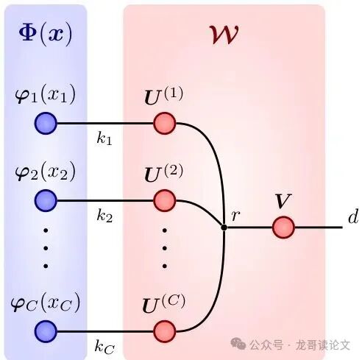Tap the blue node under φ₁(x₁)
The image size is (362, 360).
(46, 123)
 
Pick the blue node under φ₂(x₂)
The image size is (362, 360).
(46, 200)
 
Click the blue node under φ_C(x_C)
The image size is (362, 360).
(46, 330)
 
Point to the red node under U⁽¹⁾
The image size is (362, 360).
(165, 123)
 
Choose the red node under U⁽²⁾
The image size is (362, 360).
(165, 200)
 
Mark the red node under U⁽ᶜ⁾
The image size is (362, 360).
(165, 330)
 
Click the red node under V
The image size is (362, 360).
(283, 227)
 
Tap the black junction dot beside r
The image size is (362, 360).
(224, 227)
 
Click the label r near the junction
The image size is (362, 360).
(235, 216)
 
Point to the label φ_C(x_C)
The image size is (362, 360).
(46, 303)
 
